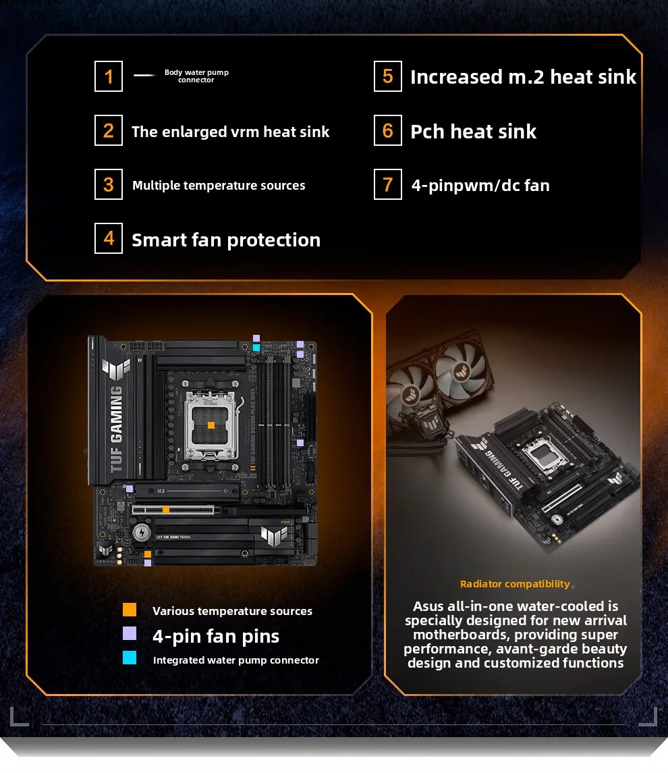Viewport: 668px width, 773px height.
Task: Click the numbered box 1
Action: coord(109,76)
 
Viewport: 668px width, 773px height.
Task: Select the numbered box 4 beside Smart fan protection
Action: coord(109,239)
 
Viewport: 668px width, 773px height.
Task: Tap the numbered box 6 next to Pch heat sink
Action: coord(387,130)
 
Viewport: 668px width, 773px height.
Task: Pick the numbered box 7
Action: coord(387,184)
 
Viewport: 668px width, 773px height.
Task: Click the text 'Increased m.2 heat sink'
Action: coord(523,77)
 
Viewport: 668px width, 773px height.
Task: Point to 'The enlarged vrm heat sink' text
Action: coord(230,132)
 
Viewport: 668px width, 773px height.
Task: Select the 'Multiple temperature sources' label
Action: coord(219,186)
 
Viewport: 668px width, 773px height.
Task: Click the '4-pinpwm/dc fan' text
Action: coord(480,185)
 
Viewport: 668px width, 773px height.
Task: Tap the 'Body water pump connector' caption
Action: coord(196,76)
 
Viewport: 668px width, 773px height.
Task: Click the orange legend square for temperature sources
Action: coord(130,610)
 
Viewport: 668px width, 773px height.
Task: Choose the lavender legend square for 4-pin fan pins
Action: coord(130,633)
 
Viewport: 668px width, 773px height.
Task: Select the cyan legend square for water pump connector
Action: coord(130,658)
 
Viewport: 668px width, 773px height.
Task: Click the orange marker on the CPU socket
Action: coord(211,425)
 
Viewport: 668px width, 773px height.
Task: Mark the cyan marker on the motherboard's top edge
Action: coord(256,348)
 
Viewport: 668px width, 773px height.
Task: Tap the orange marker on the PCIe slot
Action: coord(165,510)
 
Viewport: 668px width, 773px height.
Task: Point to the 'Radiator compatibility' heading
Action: coord(515,584)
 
